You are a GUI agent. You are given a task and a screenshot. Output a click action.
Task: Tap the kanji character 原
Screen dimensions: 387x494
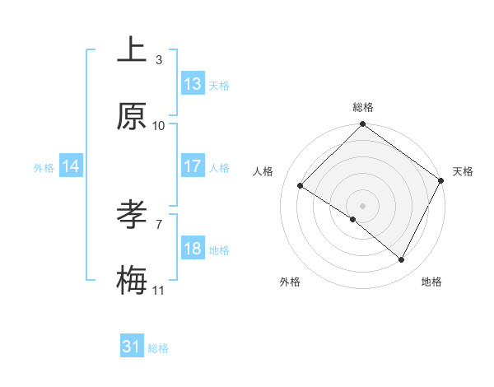click(132, 117)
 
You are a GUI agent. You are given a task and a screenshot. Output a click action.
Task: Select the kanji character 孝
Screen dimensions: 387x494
click(132, 216)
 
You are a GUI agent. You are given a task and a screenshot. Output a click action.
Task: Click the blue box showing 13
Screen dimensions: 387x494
click(193, 84)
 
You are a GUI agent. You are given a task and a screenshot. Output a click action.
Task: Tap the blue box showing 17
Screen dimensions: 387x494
click(193, 166)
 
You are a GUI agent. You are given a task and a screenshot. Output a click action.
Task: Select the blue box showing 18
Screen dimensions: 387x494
click(193, 249)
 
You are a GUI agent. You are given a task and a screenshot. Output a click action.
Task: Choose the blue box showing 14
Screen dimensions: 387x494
click(71, 166)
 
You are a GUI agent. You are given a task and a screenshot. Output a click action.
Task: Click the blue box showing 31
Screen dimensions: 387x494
click(132, 347)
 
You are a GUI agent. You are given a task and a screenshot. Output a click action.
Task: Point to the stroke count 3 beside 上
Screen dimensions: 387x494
click(159, 59)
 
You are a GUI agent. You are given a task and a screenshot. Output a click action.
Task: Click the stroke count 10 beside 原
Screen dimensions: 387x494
click(159, 125)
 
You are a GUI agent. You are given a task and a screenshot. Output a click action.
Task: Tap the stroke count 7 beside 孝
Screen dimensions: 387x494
click(159, 224)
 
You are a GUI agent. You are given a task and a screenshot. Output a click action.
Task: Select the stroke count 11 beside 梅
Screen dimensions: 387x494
click(159, 290)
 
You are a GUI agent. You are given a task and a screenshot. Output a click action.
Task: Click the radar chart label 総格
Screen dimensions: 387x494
click(363, 107)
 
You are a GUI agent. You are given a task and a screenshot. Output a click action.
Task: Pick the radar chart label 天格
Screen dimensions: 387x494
click(463, 171)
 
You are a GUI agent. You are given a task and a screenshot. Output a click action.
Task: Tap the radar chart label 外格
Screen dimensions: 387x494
click(290, 282)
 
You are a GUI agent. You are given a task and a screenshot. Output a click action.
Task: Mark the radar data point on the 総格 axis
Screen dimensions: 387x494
click(363, 125)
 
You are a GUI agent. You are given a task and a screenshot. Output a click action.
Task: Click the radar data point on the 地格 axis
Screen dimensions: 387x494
click(402, 260)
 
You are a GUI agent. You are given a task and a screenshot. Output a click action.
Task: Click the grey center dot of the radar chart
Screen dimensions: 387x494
click(363, 205)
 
